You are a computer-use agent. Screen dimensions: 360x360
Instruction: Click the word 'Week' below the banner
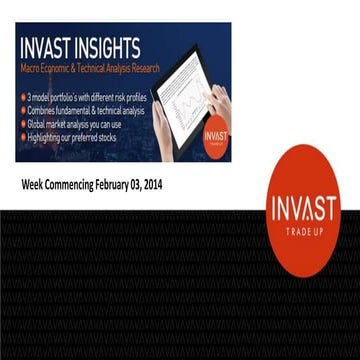pyautogui.click(x=35, y=185)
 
